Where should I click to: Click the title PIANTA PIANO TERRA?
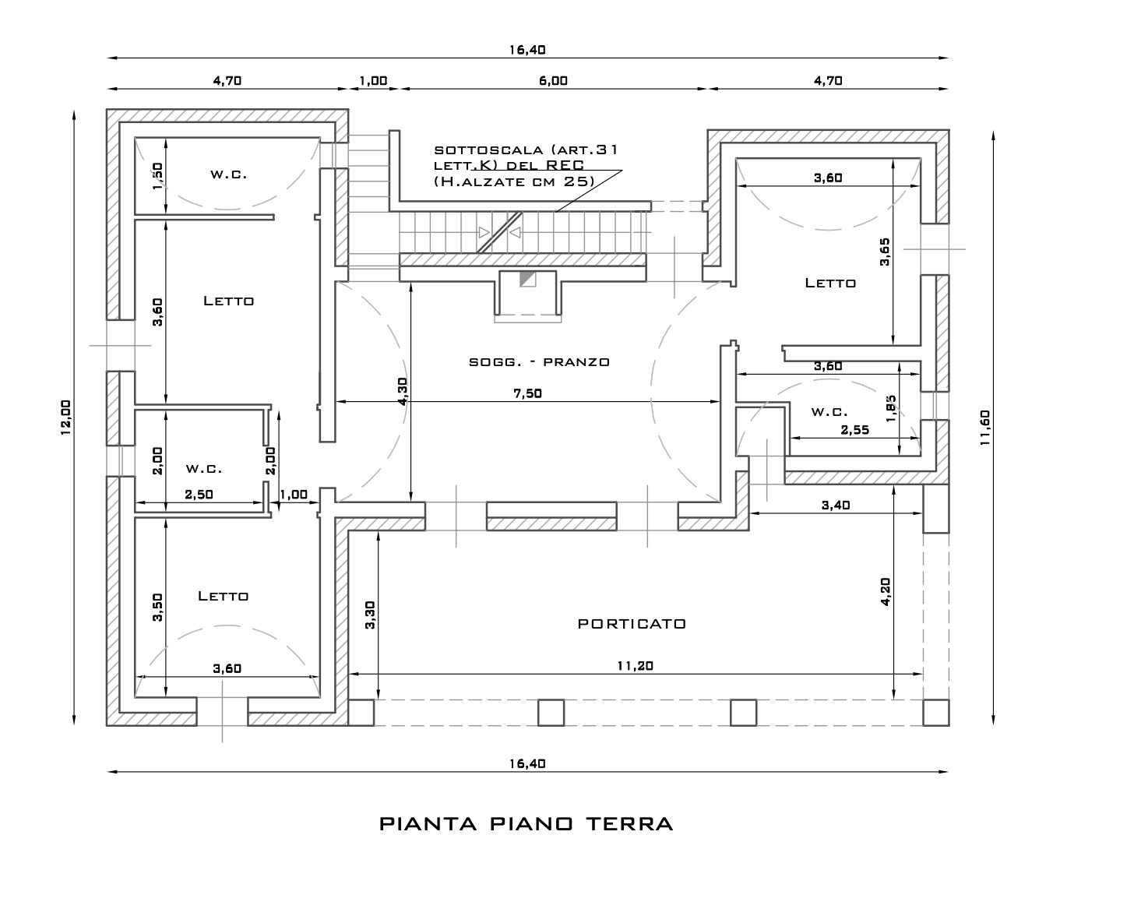click(526, 824)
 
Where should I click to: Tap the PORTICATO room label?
click(632, 624)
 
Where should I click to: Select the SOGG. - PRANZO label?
click(539, 361)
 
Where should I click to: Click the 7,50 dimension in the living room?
click(527, 393)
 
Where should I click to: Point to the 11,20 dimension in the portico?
click(636, 665)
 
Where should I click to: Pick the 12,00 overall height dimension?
click(65, 417)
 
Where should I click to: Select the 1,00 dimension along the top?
click(373, 80)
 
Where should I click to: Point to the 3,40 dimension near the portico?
click(836, 505)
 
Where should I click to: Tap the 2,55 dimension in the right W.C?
click(855, 429)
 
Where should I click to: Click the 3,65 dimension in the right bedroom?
click(885, 252)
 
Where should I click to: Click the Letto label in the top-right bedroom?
click(830, 284)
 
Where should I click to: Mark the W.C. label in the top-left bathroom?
click(228, 174)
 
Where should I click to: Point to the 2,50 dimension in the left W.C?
click(200, 495)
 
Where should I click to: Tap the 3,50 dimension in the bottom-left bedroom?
click(158, 608)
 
